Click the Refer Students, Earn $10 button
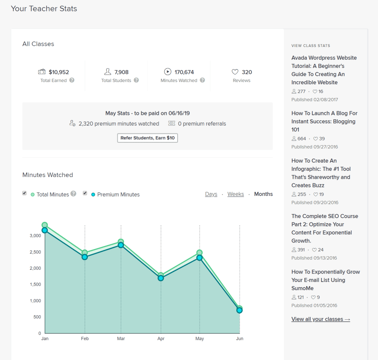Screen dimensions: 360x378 pos(147,138)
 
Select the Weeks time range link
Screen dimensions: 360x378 pos(236,194)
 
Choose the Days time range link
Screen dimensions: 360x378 pos(211,194)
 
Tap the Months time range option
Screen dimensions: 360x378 pos(263,194)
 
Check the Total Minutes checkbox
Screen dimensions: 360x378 pos(24,193)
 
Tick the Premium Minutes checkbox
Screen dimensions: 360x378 pos(85,193)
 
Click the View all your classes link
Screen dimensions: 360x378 pos(320,319)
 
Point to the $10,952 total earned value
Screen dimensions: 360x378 pos(59,72)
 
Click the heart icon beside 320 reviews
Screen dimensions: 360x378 pos(235,72)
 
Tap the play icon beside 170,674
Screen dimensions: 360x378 pos(168,72)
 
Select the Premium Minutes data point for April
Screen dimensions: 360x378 pos(161,278)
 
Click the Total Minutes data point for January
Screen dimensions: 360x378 pos(45,225)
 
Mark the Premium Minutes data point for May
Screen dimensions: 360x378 pos(199,258)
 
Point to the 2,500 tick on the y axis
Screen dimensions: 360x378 pos(35,252)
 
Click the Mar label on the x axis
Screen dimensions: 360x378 pos(121,339)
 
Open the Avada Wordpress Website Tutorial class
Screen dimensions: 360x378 pos(324,70)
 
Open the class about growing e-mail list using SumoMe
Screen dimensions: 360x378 pos(325,280)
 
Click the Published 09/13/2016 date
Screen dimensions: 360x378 pos(314,258)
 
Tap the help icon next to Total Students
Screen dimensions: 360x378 pos(136,80)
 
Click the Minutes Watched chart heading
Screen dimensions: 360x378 pos(48,175)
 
